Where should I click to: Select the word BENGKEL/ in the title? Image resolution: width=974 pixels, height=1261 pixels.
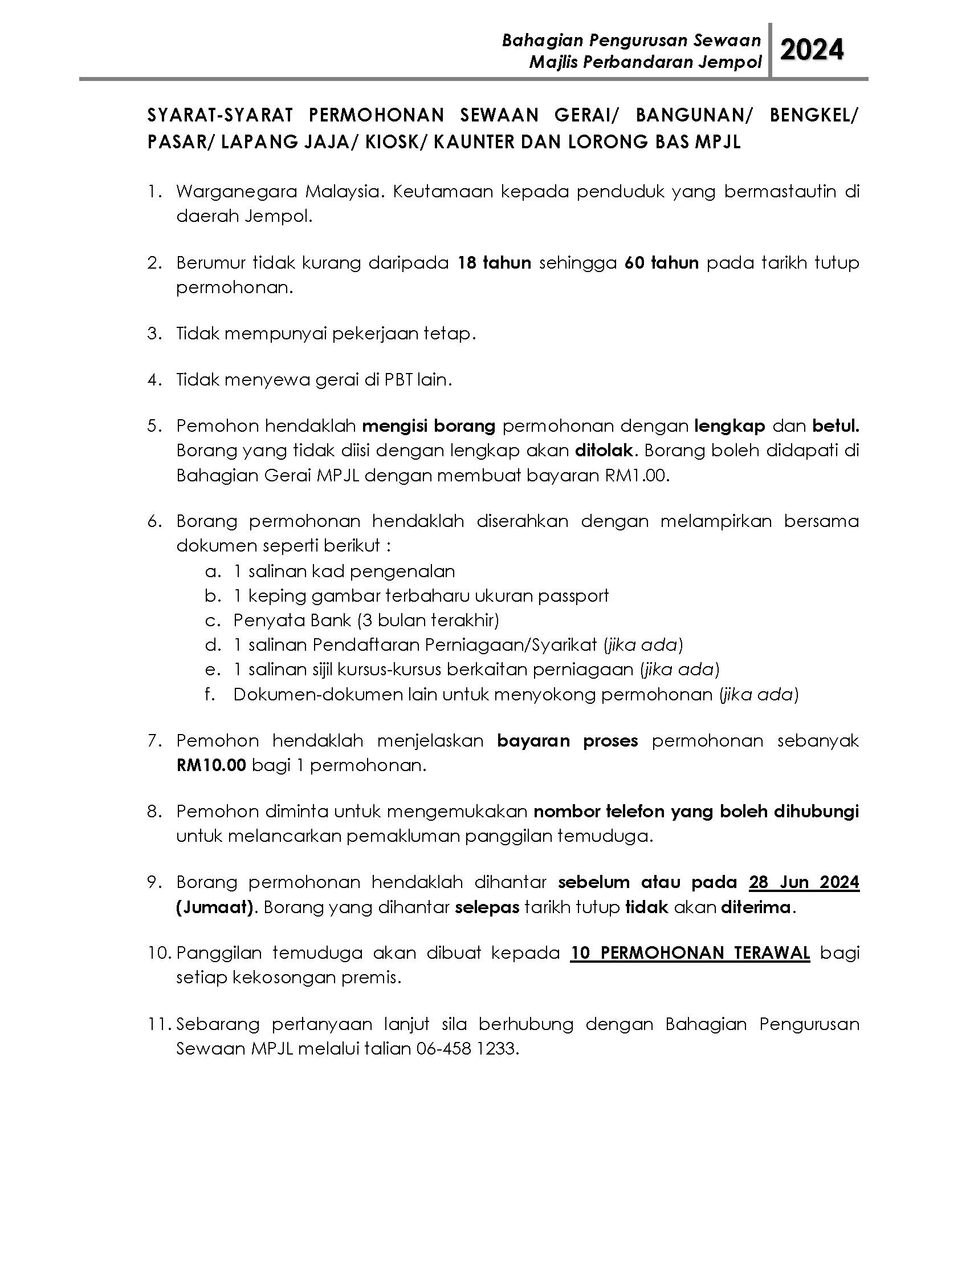click(x=814, y=115)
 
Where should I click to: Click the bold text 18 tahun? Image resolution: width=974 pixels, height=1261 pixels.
click(x=494, y=263)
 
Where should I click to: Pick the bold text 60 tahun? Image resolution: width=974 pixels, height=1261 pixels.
click(x=661, y=263)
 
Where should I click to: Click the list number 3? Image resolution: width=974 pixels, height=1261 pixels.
click(x=153, y=334)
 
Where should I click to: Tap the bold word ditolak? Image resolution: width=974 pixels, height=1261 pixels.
click(x=604, y=451)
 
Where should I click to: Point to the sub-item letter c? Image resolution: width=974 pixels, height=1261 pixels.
click(x=213, y=621)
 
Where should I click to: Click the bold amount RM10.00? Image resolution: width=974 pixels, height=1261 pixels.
click(x=211, y=765)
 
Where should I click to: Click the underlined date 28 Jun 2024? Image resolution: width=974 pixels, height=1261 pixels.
click(x=804, y=882)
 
